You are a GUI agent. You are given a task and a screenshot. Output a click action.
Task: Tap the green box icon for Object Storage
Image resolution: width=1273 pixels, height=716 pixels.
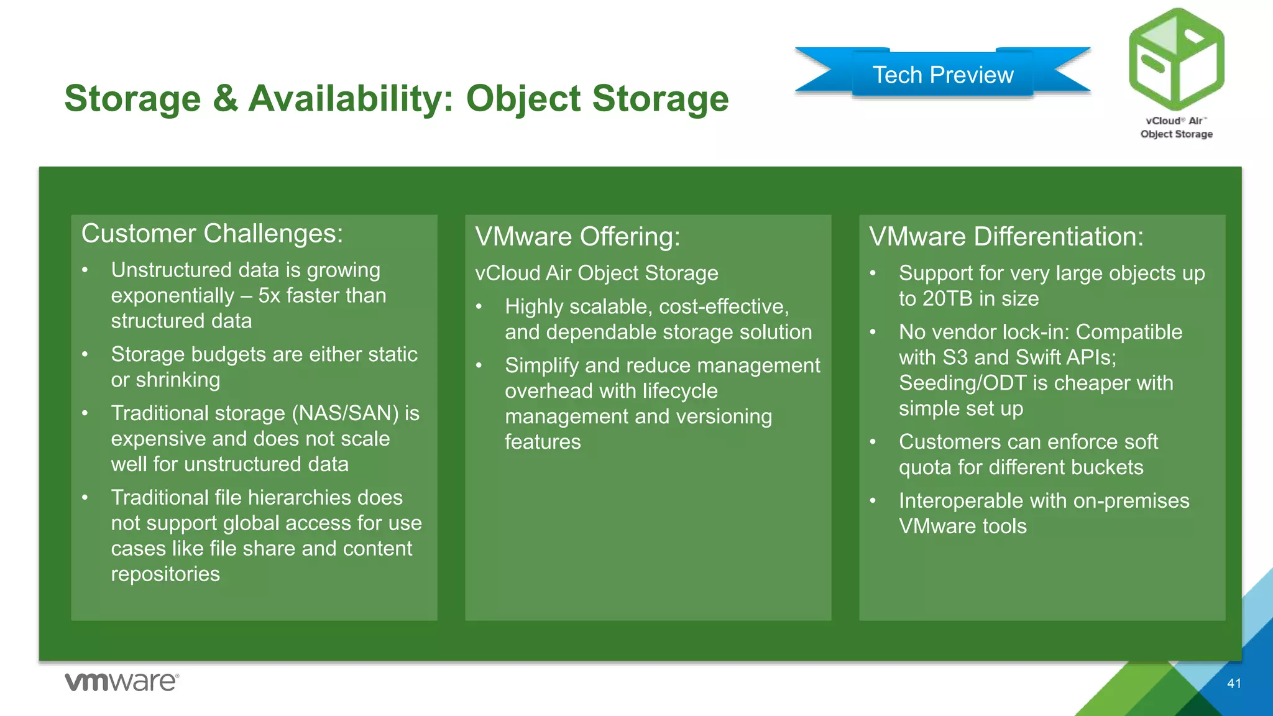coord(1176,59)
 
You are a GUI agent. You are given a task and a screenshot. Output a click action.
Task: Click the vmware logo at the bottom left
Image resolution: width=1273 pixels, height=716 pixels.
coord(122,682)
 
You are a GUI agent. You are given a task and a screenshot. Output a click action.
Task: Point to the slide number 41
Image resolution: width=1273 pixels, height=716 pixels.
coord(1234,684)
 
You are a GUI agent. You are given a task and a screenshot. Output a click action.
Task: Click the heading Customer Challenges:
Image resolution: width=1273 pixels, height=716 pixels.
coord(212,234)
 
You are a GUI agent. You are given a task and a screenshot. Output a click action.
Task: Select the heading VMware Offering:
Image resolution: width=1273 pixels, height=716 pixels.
coord(577,237)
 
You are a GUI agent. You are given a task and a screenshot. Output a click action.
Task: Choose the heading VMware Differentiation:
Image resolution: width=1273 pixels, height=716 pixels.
coord(1006,237)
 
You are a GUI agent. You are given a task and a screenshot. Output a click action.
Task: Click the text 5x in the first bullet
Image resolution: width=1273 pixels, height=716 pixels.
coord(269,296)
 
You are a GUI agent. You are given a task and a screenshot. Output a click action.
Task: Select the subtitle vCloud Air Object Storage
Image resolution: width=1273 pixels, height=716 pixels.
coord(596,273)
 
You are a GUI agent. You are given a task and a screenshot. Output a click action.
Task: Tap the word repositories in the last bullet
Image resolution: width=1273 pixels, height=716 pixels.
coord(165,574)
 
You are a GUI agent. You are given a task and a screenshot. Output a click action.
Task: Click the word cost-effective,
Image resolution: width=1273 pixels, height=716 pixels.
coord(724,307)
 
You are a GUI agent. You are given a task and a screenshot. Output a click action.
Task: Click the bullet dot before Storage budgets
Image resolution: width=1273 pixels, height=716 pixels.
coord(85,354)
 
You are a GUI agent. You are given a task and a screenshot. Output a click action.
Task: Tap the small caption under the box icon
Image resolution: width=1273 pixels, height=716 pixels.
coord(1176,127)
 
